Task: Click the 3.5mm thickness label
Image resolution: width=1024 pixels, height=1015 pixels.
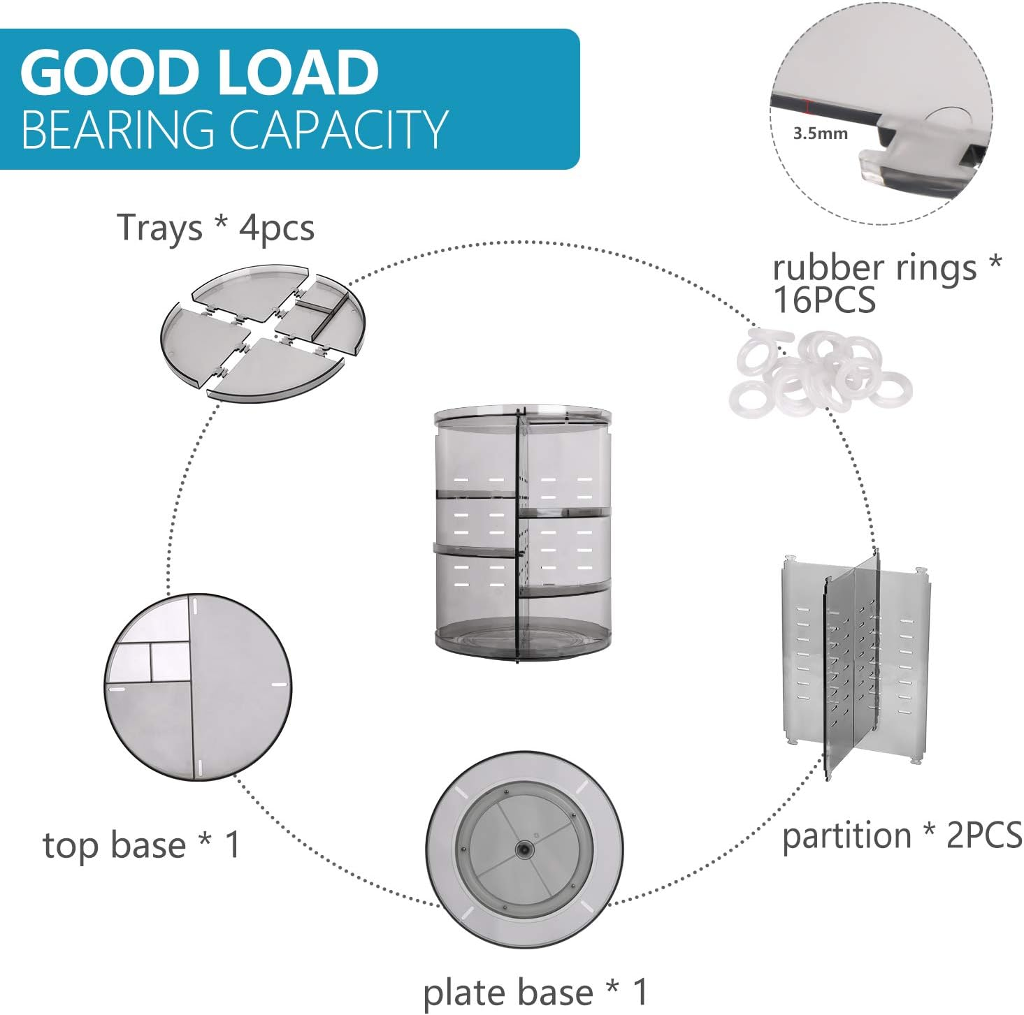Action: [820, 133]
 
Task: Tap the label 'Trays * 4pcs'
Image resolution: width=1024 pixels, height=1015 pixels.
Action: [215, 228]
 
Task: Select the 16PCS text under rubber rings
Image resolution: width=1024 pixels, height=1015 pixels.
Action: [823, 300]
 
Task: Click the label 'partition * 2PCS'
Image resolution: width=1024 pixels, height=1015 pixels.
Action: [902, 835]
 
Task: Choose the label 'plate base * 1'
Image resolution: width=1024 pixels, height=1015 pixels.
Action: [535, 993]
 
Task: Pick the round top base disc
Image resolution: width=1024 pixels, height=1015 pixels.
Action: [198, 687]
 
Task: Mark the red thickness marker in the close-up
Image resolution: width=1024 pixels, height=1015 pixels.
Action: [808, 107]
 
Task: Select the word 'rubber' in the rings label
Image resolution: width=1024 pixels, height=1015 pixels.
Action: [825, 268]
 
